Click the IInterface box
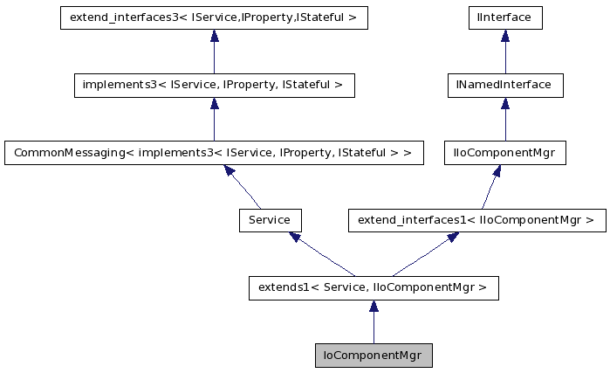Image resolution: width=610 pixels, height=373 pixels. click(504, 17)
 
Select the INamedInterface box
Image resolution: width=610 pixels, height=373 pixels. click(504, 85)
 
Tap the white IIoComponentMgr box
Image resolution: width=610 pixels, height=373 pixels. click(504, 153)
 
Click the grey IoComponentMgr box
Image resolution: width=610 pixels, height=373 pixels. click(374, 356)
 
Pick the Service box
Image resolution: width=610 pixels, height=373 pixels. click(270, 220)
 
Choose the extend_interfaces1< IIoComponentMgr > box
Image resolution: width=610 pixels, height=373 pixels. click(476, 220)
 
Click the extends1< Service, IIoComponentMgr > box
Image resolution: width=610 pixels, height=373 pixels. click(374, 288)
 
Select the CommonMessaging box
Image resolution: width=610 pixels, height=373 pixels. click(214, 153)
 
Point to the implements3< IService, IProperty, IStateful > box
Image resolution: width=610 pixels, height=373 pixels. click(214, 85)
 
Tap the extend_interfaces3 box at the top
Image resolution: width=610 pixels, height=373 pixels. click(214, 17)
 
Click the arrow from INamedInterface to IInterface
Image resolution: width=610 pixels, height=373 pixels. click(504, 52)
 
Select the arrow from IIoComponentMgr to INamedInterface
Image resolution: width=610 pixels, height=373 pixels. click(504, 120)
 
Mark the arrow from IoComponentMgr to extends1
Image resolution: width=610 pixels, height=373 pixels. click(374, 323)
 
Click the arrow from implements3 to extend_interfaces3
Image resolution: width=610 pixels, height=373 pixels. click(214, 52)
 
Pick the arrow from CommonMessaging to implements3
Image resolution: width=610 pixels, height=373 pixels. click(214, 120)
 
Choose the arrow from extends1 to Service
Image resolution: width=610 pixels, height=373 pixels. click(322, 254)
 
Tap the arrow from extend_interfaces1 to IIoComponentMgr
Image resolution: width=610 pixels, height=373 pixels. click(490, 187)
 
